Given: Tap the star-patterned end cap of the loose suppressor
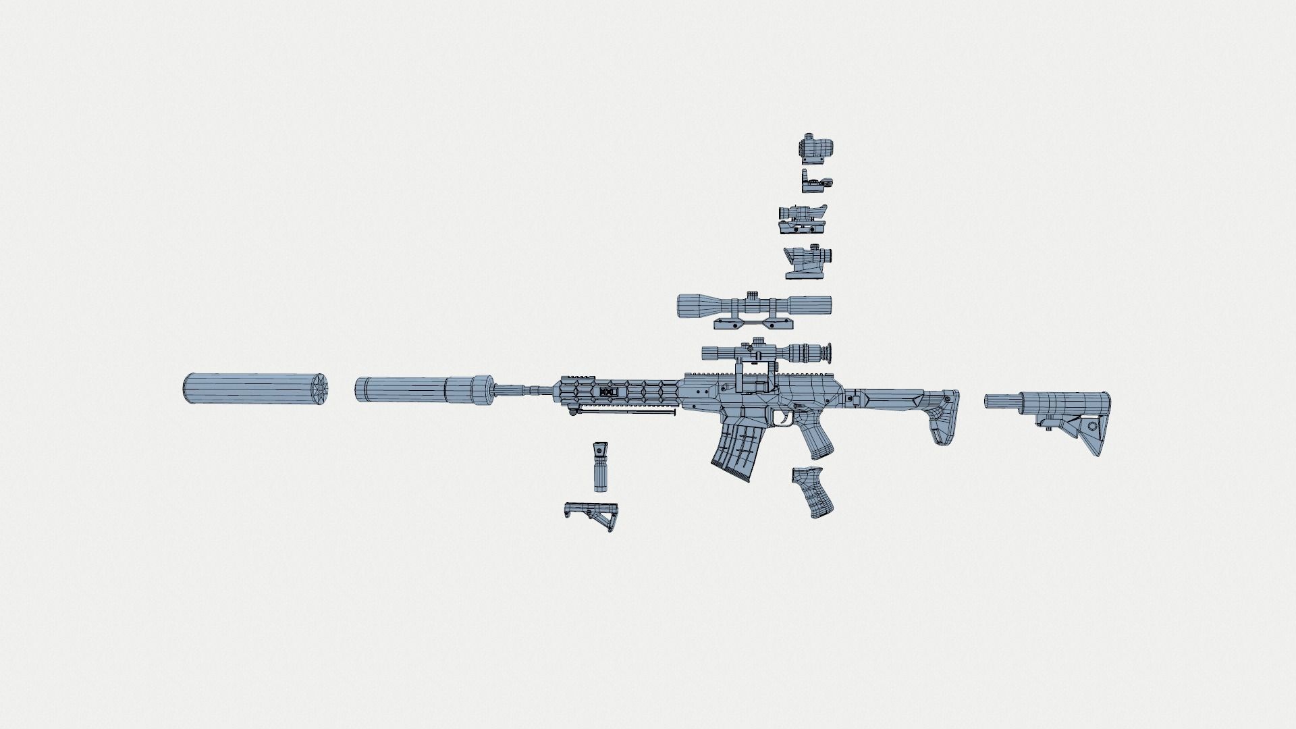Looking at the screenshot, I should (x=319, y=389).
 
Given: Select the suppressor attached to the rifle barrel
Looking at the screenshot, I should (x=422, y=391).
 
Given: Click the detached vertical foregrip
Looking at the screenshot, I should (x=600, y=466).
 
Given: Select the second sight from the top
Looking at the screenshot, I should (x=815, y=182).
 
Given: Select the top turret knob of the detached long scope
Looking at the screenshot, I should (x=751, y=294).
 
